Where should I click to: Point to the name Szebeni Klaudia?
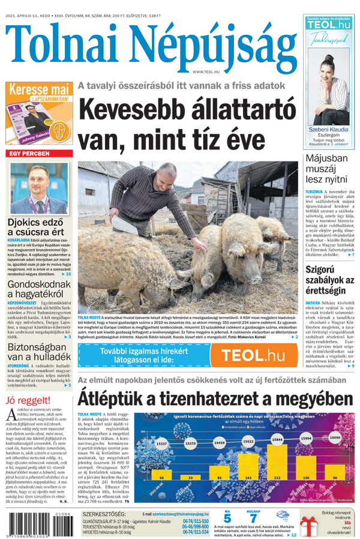pyautogui.click(x=328, y=129)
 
